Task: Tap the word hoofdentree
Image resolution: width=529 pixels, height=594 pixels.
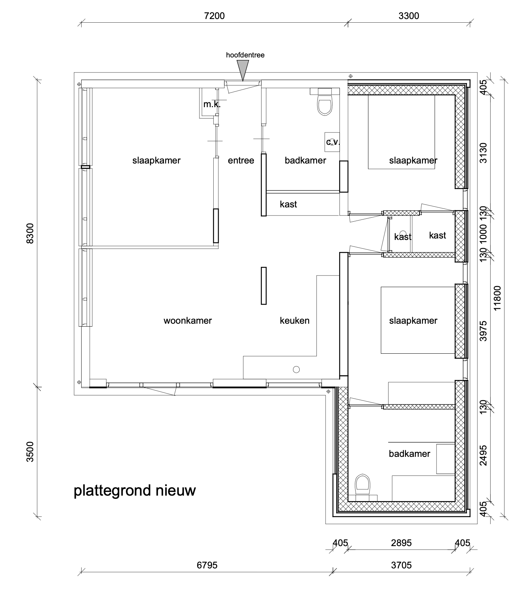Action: tap(245, 55)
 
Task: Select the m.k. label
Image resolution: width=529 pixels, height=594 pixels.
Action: tap(212, 104)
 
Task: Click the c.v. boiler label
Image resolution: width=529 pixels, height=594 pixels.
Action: tap(333, 142)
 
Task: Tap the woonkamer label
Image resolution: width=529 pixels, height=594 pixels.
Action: tap(188, 321)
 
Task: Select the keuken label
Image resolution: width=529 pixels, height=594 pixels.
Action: tap(294, 321)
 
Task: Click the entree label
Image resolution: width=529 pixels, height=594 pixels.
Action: tap(241, 161)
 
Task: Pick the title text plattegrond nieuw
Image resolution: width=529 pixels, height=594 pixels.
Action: tap(135, 490)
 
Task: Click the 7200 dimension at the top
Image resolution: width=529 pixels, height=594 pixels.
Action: tap(214, 16)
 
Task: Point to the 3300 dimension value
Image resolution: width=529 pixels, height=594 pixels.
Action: tap(409, 16)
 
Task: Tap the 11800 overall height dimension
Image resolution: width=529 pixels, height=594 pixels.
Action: tap(496, 298)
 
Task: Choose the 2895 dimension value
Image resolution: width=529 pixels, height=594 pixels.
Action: tap(401, 543)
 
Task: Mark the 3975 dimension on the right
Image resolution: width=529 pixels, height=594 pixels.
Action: tap(483, 331)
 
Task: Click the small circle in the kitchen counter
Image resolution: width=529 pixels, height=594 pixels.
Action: tap(296, 369)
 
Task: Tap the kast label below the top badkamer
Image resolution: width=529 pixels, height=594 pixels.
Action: tap(288, 204)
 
